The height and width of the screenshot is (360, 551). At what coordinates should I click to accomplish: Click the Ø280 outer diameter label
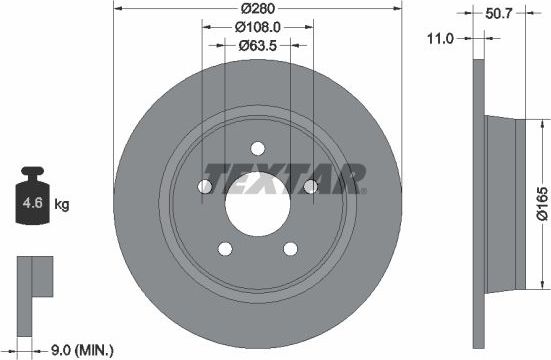[258, 9]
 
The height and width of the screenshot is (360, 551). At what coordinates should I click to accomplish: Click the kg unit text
[61, 205]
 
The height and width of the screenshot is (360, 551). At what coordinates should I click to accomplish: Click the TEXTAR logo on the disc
[284, 177]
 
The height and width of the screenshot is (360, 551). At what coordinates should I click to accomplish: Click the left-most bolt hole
[205, 186]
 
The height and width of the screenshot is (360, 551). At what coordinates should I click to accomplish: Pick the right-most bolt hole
[309, 185]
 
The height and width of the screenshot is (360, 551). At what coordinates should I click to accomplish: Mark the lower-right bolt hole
[290, 247]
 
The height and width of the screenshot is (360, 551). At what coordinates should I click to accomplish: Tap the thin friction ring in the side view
[478, 200]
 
